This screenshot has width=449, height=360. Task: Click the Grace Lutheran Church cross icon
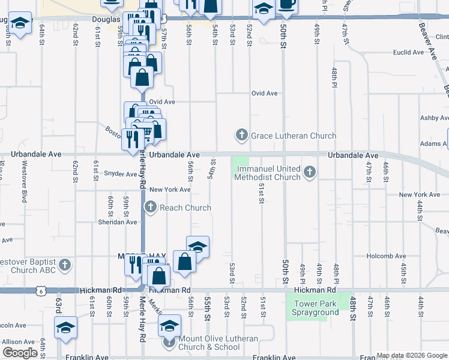(x=241, y=135)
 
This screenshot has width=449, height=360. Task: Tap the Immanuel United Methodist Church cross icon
(x=310, y=173)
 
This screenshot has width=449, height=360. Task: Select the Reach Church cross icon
(x=150, y=208)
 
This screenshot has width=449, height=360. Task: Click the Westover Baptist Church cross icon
(x=65, y=265)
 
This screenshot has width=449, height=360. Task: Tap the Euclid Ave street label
(x=409, y=53)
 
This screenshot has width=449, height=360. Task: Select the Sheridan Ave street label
(x=118, y=221)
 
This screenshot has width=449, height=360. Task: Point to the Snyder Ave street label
(x=120, y=174)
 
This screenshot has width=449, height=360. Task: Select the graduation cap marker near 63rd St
(x=65, y=328)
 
